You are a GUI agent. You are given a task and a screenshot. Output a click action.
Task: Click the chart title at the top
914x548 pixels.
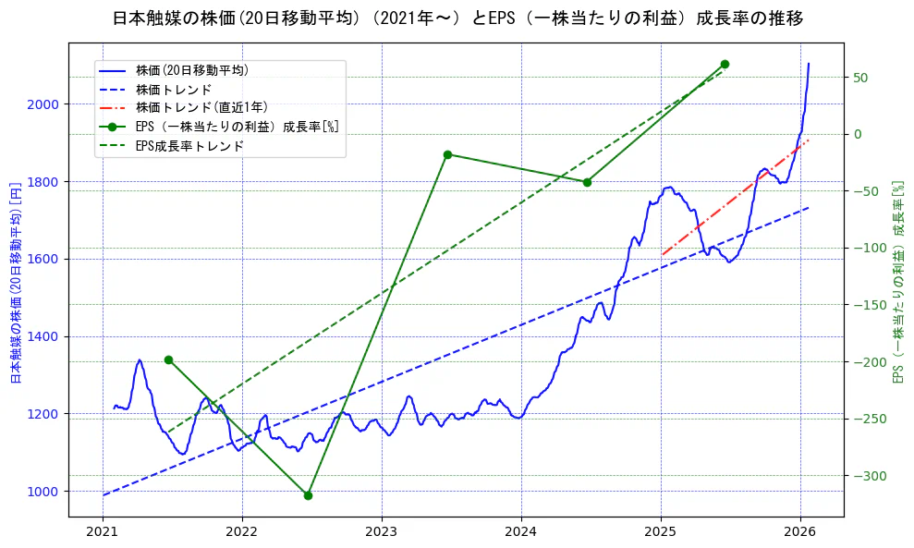(457, 18)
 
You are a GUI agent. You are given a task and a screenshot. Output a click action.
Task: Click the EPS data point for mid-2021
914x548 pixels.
(168, 359)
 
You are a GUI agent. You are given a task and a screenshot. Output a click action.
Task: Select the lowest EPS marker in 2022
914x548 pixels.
(308, 495)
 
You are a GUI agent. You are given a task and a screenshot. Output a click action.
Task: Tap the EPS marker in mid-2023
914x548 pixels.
(447, 154)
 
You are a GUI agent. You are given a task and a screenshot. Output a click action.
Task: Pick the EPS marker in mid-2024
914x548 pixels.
(587, 182)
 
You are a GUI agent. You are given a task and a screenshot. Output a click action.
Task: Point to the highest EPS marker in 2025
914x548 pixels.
(725, 64)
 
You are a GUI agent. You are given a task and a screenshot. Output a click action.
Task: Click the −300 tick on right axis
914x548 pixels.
(867, 476)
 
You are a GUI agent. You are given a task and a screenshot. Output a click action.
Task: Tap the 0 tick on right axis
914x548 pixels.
(856, 134)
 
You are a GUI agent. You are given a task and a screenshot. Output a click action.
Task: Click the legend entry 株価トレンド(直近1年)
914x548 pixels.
(201, 107)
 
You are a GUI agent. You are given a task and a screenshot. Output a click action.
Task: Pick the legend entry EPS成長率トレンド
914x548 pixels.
(189, 146)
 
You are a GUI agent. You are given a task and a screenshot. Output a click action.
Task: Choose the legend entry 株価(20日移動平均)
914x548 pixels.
(191, 69)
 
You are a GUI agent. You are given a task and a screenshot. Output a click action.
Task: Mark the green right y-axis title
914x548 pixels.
(896, 282)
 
